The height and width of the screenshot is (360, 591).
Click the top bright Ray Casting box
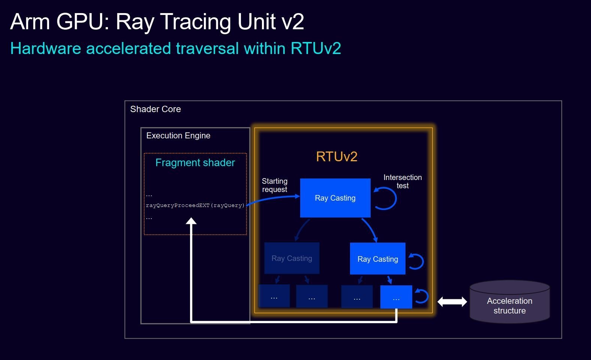pyautogui.click(x=335, y=198)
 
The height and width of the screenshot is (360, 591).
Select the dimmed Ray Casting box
pyautogui.click(x=292, y=258)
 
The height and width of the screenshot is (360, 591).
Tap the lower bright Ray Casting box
pyautogui.click(x=377, y=259)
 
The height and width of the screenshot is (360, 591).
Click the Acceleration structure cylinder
pyautogui.click(x=510, y=302)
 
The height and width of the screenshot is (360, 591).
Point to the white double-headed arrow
pyautogui.click(x=452, y=301)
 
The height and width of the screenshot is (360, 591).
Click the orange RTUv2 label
pyautogui.click(x=337, y=156)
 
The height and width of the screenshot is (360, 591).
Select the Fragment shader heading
pyautogui.click(x=195, y=163)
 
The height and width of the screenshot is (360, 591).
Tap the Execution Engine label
pyautogui.click(x=178, y=136)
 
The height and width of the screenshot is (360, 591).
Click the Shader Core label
pyautogui.click(x=156, y=109)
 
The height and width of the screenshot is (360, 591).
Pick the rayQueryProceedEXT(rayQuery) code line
pyautogui.click(x=195, y=205)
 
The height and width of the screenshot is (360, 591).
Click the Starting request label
pyautogui.click(x=274, y=185)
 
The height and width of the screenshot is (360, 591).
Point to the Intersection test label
pyautogui.click(x=402, y=181)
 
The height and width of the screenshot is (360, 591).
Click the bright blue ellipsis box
pyautogui.click(x=396, y=297)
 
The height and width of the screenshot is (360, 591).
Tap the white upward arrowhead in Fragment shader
pyautogui.click(x=191, y=221)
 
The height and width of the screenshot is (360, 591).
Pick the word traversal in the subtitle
pyautogui.click(x=207, y=49)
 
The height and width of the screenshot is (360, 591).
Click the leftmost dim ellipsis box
pyautogui.click(x=274, y=296)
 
